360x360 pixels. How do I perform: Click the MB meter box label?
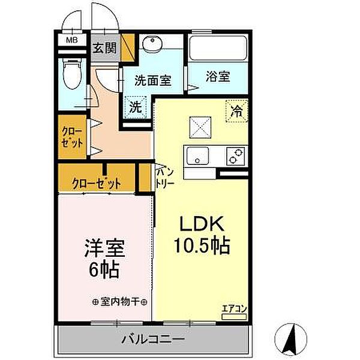71,41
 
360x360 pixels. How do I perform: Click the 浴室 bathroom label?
218,77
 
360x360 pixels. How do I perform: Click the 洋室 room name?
104,247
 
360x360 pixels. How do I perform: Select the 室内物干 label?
120,302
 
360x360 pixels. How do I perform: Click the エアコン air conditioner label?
235,309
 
